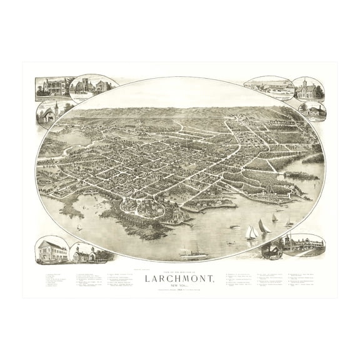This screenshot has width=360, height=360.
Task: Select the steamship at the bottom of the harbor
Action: point(191,253)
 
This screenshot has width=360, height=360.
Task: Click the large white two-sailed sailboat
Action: point(251,232)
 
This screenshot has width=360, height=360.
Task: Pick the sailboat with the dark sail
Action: point(264,226)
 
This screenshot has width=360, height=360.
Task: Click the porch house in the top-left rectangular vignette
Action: point(51,87)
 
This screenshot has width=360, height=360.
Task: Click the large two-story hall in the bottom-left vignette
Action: point(52,250)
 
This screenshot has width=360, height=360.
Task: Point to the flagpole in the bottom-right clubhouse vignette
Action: point(288,239)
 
